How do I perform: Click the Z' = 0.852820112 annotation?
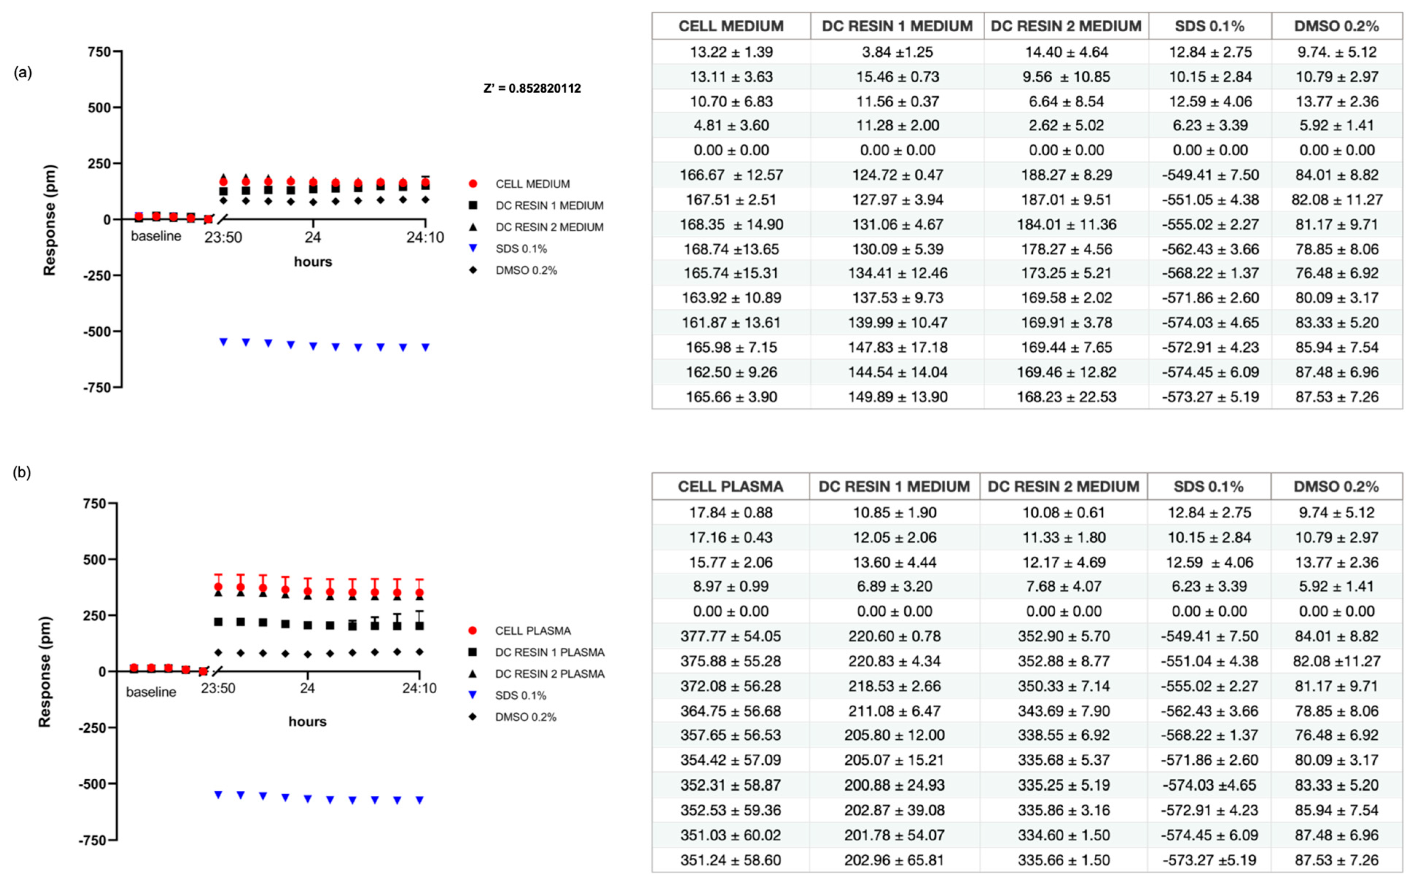tap(532, 88)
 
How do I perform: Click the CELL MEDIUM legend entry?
tap(532, 184)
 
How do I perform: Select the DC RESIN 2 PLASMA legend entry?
tap(549, 674)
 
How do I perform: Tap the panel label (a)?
tap(23, 73)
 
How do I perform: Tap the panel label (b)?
tap(22, 472)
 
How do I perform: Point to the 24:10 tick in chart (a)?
tap(425, 237)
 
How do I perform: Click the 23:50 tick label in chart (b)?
tap(218, 688)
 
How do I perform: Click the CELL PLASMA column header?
tap(730, 486)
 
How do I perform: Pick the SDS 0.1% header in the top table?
tap(1210, 26)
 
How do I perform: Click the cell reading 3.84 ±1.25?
tap(897, 52)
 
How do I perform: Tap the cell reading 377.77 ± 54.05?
tap(730, 636)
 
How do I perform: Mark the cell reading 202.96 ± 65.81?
tap(894, 860)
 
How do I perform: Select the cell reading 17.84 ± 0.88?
tap(730, 513)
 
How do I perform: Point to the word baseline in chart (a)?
tap(156, 236)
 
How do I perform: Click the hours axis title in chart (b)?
tap(307, 721)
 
